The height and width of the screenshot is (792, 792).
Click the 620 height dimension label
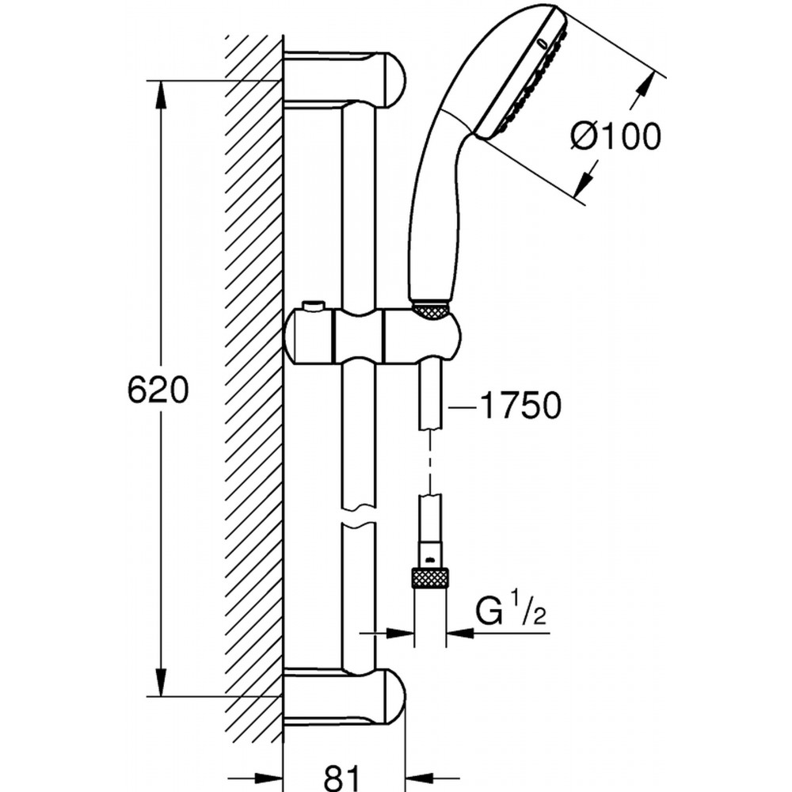[x=158, y=390]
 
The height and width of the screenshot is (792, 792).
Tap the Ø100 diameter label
[x=615, y=136]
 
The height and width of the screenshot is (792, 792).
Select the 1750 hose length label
[x=520, y=405]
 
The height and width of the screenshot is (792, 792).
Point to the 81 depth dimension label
[x=342, y=777]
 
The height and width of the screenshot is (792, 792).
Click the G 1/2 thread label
[x=511, y=611]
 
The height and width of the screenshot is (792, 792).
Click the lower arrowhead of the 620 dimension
[x=160, y=683]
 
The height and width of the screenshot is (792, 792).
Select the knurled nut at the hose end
[x=430, y=577]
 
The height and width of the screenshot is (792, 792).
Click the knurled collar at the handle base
[x=430, y=310]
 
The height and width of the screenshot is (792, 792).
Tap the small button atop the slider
[x=313, y=307]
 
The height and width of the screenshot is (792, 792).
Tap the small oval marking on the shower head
[x=543, y=44]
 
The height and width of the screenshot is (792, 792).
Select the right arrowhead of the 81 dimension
[x=419, y=779]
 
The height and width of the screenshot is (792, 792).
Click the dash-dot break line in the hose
[x=430, y=462]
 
